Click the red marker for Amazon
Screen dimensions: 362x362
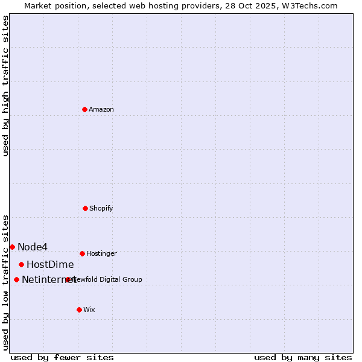click(x=85, y=109)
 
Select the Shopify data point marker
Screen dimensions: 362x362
click(x=85, y=208)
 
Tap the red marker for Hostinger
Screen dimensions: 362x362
click(x=82, y=253)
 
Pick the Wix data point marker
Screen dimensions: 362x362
click(x=79, y=310)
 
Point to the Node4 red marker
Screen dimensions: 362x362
click(x=12, y=247)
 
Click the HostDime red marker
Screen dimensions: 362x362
click(x=21, y=264)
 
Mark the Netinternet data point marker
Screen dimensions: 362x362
click(x=16, y=279)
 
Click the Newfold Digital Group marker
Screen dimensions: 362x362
click(x=68, y=279)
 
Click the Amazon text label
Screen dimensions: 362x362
click(x=101, y=109)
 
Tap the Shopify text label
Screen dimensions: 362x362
click(x=101, y=208)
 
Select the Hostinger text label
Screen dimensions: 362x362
click(x=101, y=253)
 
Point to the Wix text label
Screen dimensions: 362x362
click(x=89, y=310)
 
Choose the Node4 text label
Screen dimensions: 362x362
click(x=33, y=247)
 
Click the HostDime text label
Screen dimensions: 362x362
click(x=50, y=264)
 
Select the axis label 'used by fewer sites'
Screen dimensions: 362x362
click(x=62, y=357)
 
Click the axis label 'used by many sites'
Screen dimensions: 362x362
click(x=303, y=357)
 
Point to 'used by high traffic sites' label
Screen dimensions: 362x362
click(x=5, y=86)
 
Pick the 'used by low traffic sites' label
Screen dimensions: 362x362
click(x=5, y=282)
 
